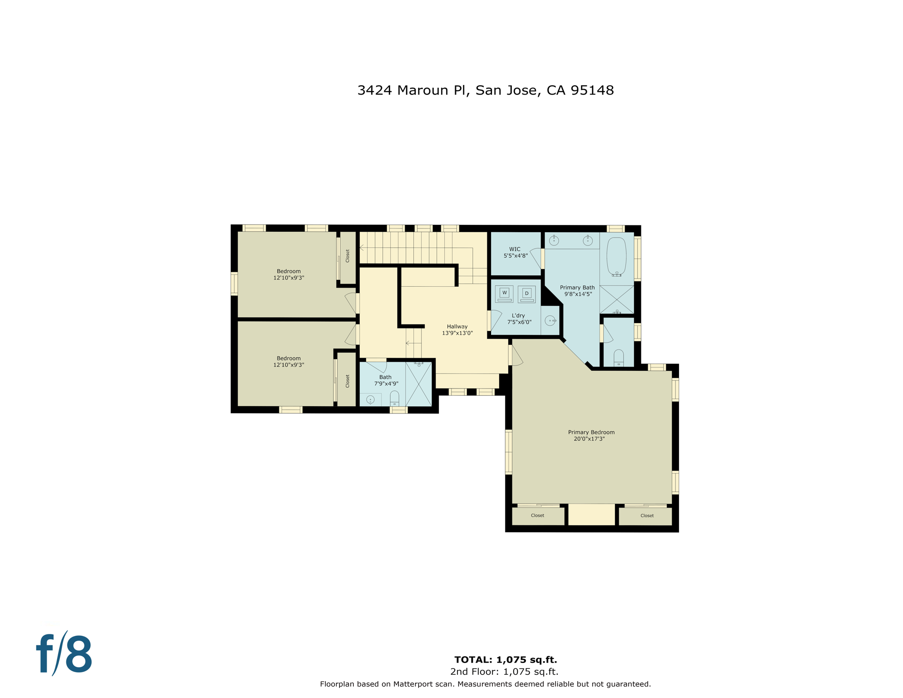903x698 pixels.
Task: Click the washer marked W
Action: [x=504, y=293]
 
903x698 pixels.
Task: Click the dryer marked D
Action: [x=526, y=294]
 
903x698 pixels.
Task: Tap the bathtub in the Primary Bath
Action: [x=616, y=256]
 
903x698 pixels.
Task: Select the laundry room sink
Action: [x=550, y=321]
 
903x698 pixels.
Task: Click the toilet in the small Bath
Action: [x=394, y=398]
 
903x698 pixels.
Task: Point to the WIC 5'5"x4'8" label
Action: [x=515, y=253]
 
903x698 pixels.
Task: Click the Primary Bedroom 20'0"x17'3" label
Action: [x=590, y=435]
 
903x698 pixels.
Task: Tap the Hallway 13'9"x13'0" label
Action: [x=457, y=329]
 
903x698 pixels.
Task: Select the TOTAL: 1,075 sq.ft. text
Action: [x=506, y=659]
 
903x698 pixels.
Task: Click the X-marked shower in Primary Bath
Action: [x=616, y=299]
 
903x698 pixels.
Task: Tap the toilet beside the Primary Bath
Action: [x=618, y=358]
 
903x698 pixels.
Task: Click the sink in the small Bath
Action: [x=370, y=400]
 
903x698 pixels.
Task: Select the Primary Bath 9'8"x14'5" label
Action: [x=577, y=291]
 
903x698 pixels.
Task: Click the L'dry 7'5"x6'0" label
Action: [x=519, y=319]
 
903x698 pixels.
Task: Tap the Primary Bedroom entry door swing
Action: [x=517, y=356]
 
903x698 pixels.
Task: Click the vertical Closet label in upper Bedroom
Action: [x=347, y=256]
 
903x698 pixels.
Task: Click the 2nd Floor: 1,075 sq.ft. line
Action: [x=504, y=672]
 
